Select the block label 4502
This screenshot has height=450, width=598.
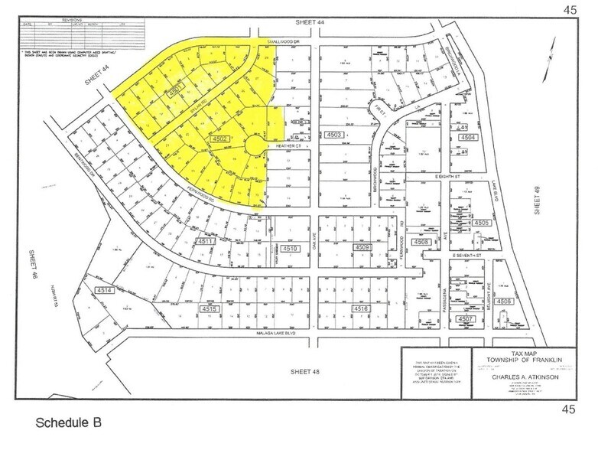(221, 139)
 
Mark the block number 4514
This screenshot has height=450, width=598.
(104, 291)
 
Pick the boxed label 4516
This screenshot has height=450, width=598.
(362, 308)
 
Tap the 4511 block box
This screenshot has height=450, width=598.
(204, 241)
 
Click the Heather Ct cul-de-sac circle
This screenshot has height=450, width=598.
(255, 145)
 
